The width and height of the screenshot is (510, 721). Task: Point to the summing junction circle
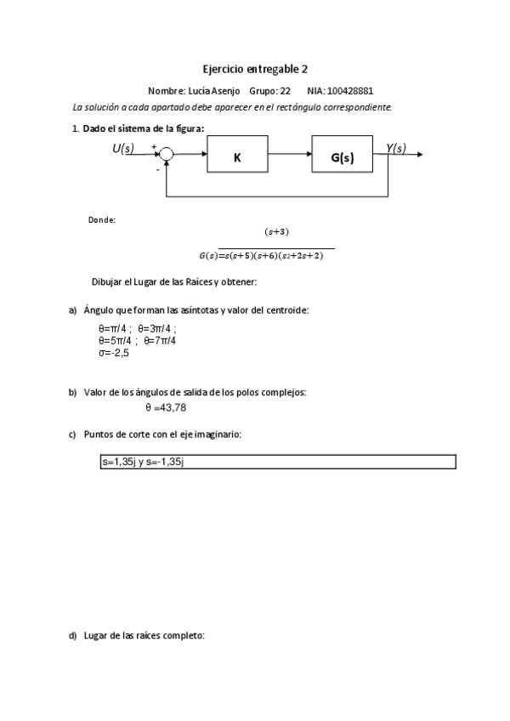[167, 155]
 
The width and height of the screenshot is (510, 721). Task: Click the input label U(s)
[124, 149]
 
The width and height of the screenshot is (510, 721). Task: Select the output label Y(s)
[395, 149]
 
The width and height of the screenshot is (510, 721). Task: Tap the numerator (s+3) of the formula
[277, 230]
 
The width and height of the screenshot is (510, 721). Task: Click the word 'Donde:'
[102, 219]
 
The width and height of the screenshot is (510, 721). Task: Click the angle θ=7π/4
[160, 340]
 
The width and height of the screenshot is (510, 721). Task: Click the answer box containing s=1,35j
[278, 461]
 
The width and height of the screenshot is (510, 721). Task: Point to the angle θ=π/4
[115, 328]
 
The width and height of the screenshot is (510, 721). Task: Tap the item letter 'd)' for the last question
[74, 635]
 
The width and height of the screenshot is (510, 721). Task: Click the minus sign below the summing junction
[157, 169]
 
